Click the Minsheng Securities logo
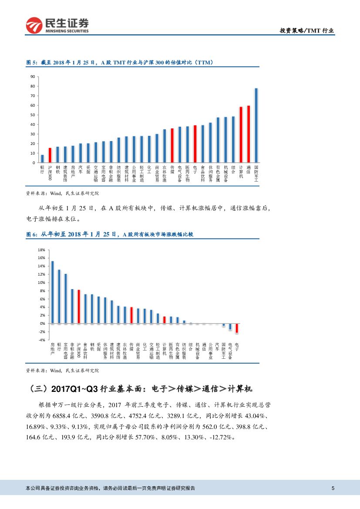pos(57,26)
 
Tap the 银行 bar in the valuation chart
pos(42,158)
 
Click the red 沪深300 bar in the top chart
pos(50,155)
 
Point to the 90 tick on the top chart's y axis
pos(32,77)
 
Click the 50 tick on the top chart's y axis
pos(32,115)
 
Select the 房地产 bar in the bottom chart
pos(53,292)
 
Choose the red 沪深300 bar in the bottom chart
pos(79,307)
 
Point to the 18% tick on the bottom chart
pos(41,250)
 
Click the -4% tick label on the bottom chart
pos(41,340)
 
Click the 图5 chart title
pos(119,63)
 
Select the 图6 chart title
pos(109,234)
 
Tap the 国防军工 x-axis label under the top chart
pos(256,173)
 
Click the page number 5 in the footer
pos(333,488)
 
